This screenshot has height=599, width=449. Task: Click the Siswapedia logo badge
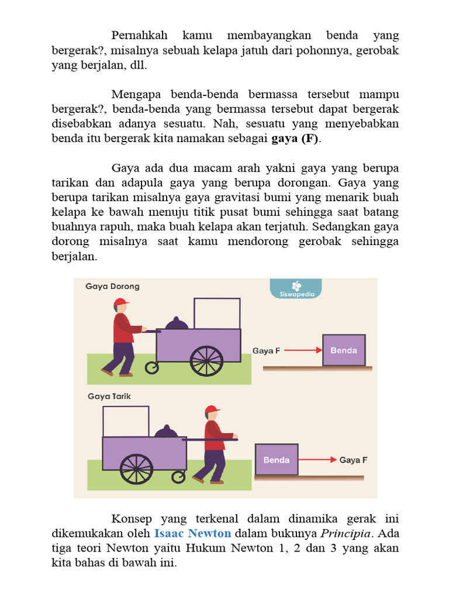(x=295, y=288)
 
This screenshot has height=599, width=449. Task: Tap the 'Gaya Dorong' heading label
(x=112, y=287)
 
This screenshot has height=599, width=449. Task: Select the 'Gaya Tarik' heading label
(x=109, y=396)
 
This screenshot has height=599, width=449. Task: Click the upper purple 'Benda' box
(x=344, y=350)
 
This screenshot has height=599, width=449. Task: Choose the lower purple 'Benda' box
(x=277, y=460)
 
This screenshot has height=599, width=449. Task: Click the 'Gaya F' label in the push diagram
(x=267, y=350)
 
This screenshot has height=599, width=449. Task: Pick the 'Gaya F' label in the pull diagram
(x=353, y=460)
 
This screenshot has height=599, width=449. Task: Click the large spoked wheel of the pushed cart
(x=206, y=362)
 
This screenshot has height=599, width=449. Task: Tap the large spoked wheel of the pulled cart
(x=136, y=469)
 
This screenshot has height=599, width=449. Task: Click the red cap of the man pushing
(x=121, y=302)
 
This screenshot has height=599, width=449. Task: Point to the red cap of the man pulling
(x=212, y=409)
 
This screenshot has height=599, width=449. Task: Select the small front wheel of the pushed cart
(x=152, y=367)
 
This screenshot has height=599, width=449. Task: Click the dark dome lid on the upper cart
(x=176, y=323)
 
